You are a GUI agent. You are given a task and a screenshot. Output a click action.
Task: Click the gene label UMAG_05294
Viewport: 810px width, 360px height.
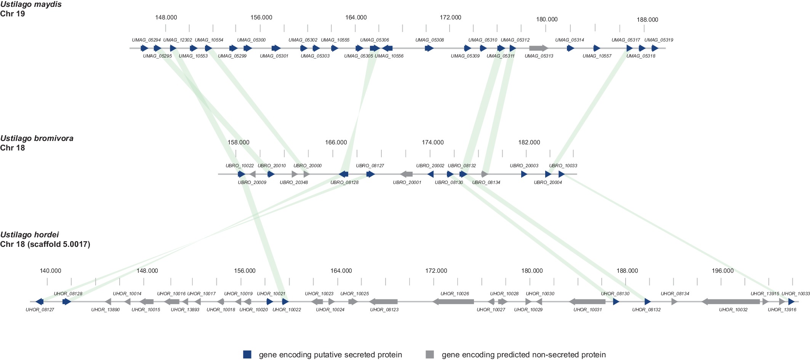(x=146, y=40)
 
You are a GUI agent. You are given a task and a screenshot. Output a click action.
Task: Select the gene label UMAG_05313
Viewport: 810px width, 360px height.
(x=539, y=56)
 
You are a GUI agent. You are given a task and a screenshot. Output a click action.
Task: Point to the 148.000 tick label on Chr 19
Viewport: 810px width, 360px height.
(x=166, y=18)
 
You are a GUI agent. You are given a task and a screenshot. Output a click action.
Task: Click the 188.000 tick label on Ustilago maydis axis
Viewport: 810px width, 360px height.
(x=647, y=20)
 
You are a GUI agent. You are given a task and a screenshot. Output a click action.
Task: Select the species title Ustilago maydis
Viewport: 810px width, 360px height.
(x=31, y=5)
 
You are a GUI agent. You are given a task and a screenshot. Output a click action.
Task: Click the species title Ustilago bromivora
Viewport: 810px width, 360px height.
(x=37, y=138)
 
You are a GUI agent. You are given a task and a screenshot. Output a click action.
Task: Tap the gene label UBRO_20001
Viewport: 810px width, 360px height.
(x=407, y=182)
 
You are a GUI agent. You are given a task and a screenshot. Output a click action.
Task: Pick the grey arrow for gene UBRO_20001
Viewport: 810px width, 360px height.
(x=407, y=174)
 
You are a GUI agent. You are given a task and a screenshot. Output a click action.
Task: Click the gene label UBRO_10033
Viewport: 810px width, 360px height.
(x=563, y=166)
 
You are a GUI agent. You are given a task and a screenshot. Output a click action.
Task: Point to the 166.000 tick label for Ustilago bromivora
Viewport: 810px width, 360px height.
(x=336, y=142)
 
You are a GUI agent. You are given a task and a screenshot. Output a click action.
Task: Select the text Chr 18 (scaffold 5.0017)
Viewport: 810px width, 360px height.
(x=45, y=244)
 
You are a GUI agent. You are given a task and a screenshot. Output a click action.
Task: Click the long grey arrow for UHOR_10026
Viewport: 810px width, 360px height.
(x=453, y=302)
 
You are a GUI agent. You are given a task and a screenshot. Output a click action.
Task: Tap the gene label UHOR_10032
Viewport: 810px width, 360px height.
(x=733, y=310)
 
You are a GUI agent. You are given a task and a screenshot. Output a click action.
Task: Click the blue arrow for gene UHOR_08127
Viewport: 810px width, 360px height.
(x=39, y=302)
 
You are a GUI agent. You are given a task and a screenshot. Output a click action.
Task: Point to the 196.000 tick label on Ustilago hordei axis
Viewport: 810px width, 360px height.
(x=722, y=271)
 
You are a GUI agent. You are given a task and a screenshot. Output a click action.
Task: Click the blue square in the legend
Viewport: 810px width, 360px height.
(x=247, y=355)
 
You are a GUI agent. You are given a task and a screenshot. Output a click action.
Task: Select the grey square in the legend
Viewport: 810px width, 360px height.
(x=430, y=355)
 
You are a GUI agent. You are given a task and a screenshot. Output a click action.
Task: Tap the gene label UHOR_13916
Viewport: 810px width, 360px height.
(x=782, y=310)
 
